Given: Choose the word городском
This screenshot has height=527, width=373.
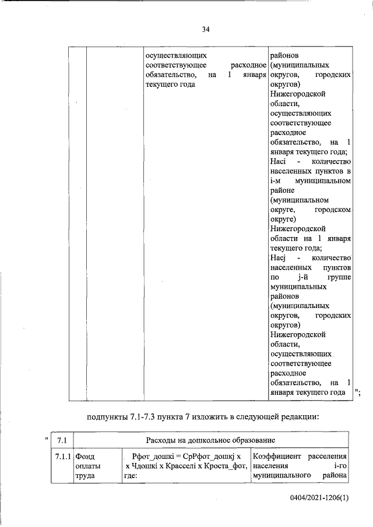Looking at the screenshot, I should (332, 210).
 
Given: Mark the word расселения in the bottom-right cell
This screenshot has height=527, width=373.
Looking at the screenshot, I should (327, 456).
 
